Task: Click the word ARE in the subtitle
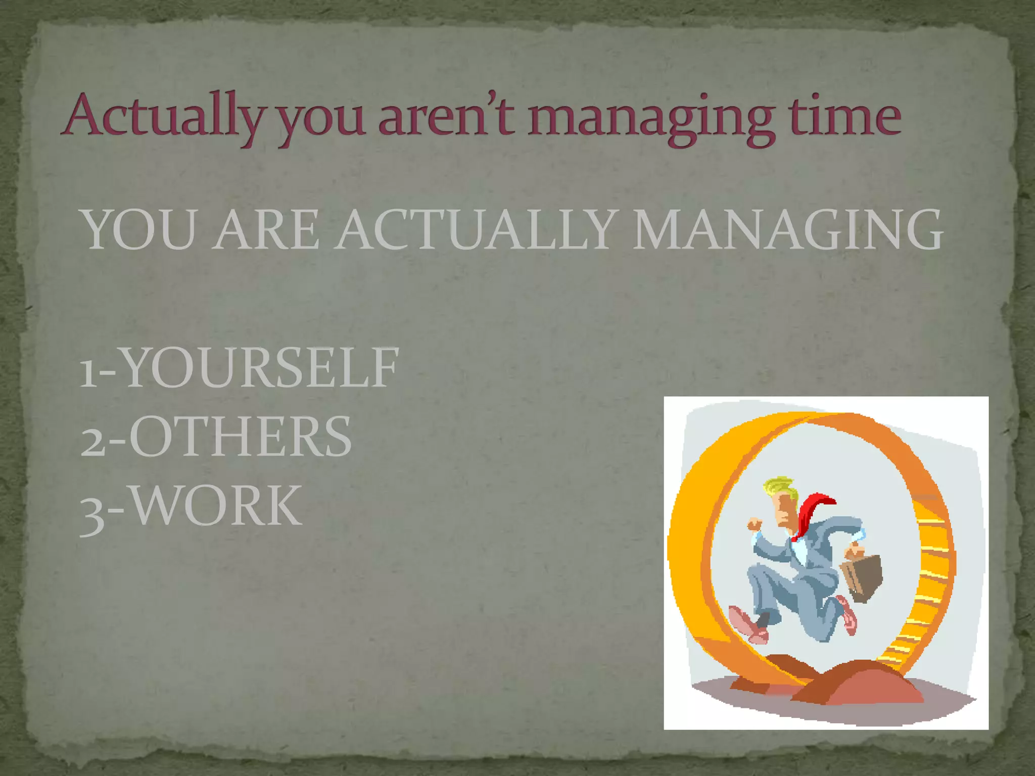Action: [x=265, y=230]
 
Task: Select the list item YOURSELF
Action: [x=260, y=368]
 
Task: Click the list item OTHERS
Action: [x=240, y=437]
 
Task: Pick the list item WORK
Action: [x=217, y=505]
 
